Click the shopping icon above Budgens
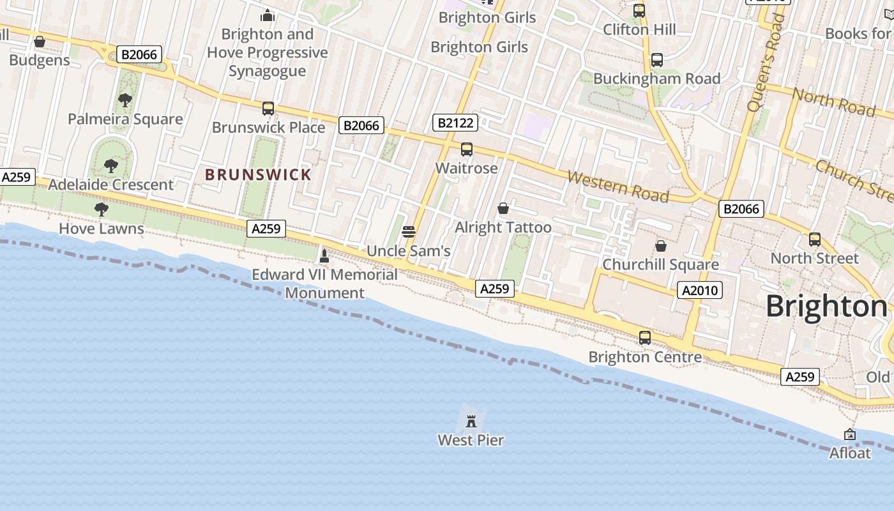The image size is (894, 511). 40,42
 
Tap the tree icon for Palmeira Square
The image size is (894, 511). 125,100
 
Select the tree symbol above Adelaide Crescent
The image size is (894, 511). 111,166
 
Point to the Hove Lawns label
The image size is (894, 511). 102,228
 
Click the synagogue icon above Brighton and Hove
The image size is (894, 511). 268,15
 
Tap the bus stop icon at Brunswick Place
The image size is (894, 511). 268,109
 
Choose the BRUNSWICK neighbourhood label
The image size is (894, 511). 258,174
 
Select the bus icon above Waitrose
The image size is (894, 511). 467,149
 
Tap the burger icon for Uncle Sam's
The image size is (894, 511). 409,232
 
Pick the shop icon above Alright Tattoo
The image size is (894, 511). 503,208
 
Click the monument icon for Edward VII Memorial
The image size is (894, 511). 324,256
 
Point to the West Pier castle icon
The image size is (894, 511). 471,421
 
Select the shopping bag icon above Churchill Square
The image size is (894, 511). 661,245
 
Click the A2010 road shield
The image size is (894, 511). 700,291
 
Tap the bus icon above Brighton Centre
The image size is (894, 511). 645,338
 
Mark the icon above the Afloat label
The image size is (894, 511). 850,434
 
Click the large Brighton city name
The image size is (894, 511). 826,307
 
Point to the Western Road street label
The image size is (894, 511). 617,187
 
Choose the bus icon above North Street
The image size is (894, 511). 815,240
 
